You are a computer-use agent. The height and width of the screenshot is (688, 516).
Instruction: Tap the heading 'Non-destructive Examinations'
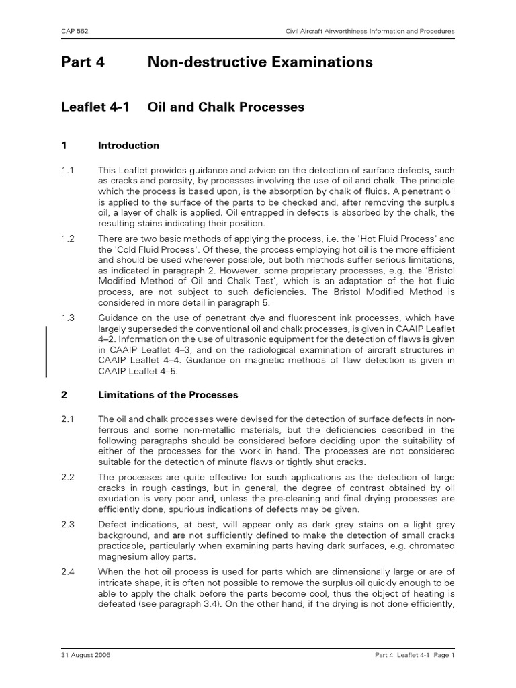point(259,62)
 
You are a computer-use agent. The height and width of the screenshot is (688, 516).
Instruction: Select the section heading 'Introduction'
point(128,146)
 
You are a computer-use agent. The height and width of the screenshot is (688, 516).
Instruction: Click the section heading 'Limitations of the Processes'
point(168,395)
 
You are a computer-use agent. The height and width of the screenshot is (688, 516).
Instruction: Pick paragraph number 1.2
point(67,238)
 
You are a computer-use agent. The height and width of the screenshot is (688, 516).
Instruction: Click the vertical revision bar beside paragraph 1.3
point(46,351)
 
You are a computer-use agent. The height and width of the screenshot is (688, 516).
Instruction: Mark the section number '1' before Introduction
point(63,146)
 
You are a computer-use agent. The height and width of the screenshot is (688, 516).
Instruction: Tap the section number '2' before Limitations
point(63,395)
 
